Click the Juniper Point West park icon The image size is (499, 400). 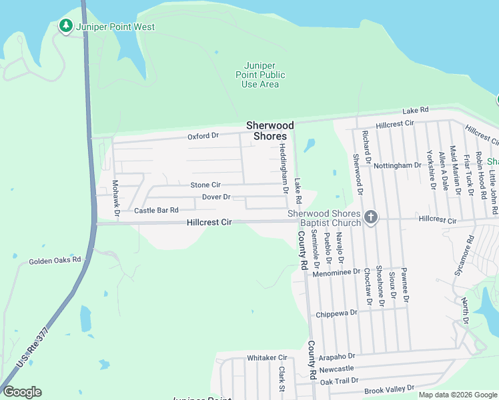coord(65,26)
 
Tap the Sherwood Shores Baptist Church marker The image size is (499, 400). coord(371,217)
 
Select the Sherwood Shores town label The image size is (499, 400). coord(270,130)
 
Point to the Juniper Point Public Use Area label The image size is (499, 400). coord(260,75)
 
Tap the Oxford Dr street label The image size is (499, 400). coord(203,136)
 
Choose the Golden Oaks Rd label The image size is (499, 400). coord(55,260)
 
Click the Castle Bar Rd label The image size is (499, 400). coord(156,210)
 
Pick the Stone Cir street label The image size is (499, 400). coord(205,185)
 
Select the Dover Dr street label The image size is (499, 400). coord(216,197)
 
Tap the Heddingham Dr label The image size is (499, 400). coord(283,167)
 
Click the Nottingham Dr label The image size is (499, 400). coord(398,165)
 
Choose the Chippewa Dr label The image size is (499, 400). coord(337,313)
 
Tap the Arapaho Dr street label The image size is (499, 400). coord(337,357)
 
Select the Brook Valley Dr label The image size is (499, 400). coord(390,387)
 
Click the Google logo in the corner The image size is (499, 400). coord(22,392)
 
